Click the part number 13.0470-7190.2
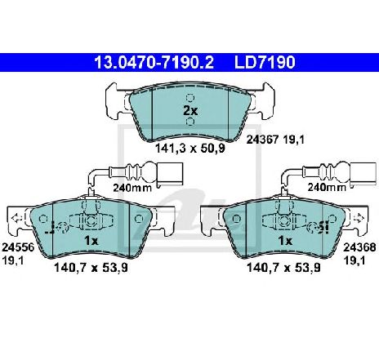point(154,62)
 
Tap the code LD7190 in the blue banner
point(265,62)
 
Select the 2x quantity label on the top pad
point(190,111)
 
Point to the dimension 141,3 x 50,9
point(190,149)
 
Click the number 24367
point(262,140)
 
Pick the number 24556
point(18,247)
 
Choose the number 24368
point(359,247)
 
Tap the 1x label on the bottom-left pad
point(91,241)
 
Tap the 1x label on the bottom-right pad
point(285,241)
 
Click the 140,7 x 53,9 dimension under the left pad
point(91,268)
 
